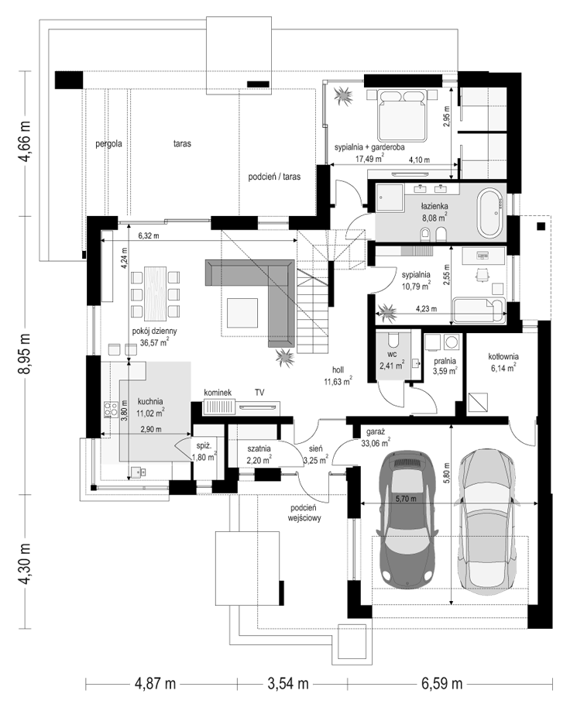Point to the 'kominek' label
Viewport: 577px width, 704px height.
[218, 393]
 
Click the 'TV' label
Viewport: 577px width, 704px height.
[259, 393]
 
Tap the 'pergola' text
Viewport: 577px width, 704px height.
[108, 144]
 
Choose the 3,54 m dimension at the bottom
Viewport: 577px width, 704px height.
[288, 683]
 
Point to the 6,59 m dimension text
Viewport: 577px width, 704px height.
[441, 683]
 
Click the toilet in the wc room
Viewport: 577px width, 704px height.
[393, 340]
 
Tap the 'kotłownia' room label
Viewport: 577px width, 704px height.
[503, 356]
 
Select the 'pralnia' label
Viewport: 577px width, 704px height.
[445, 361]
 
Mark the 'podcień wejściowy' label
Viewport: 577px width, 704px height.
[304, 513]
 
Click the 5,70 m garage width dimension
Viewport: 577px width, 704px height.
[406, 498]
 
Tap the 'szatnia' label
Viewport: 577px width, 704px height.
[259, 448]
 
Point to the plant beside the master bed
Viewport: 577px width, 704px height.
[344, 95]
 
